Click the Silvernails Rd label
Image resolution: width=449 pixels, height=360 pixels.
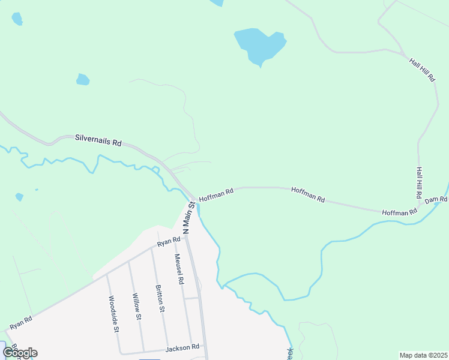pyautogui.click(x=98, y=140)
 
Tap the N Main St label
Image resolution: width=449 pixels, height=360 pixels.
pyautogui.click(x=189, y=217)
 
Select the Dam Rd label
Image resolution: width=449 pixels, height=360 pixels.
pyautogui.click(x=436, y=199)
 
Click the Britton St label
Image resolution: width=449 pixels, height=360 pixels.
pyautogui.click(x=159, y=299)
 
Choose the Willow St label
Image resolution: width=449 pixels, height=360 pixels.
pyautogui.click(x=137, y=307)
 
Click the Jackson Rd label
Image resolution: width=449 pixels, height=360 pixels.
pyautogui.click(x=182, y=347)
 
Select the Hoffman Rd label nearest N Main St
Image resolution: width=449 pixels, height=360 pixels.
pyautogui.click(x=215, y=195)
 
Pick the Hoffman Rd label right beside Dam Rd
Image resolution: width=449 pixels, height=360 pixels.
pyautogui.click(x=399, y=212)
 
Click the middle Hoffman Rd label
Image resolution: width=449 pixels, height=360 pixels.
pyautogui.click(x=308, y=194)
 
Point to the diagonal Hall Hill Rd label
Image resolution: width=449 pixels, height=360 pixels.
pyautogui.click(x=422, y=70)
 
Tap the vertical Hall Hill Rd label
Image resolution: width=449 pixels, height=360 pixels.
pyautogui.click(x=419, y=183)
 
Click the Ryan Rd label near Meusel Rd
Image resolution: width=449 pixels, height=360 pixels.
pyautogui.click(x=169, y=242)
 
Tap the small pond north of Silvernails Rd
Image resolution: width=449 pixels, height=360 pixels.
pyautogui.click(x=83, y=79)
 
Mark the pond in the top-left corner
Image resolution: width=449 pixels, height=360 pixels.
pyautogui.click(x=17, y=19)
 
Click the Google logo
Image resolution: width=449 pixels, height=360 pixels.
pyautogui.click(x=20, y=352)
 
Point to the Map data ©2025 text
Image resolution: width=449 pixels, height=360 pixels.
pyautogui.click(x=423, y=355)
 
